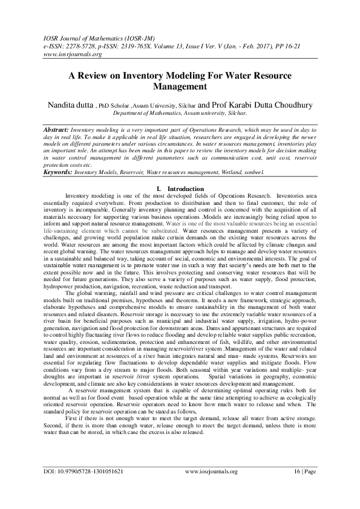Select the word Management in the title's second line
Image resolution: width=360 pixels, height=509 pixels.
tap(180, 86)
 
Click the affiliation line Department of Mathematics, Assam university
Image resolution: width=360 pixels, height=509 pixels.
tap(180, 113)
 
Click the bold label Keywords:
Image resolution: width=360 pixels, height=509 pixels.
tap(59, 172)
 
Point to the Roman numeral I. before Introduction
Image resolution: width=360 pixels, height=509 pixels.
tap(158, 189)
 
